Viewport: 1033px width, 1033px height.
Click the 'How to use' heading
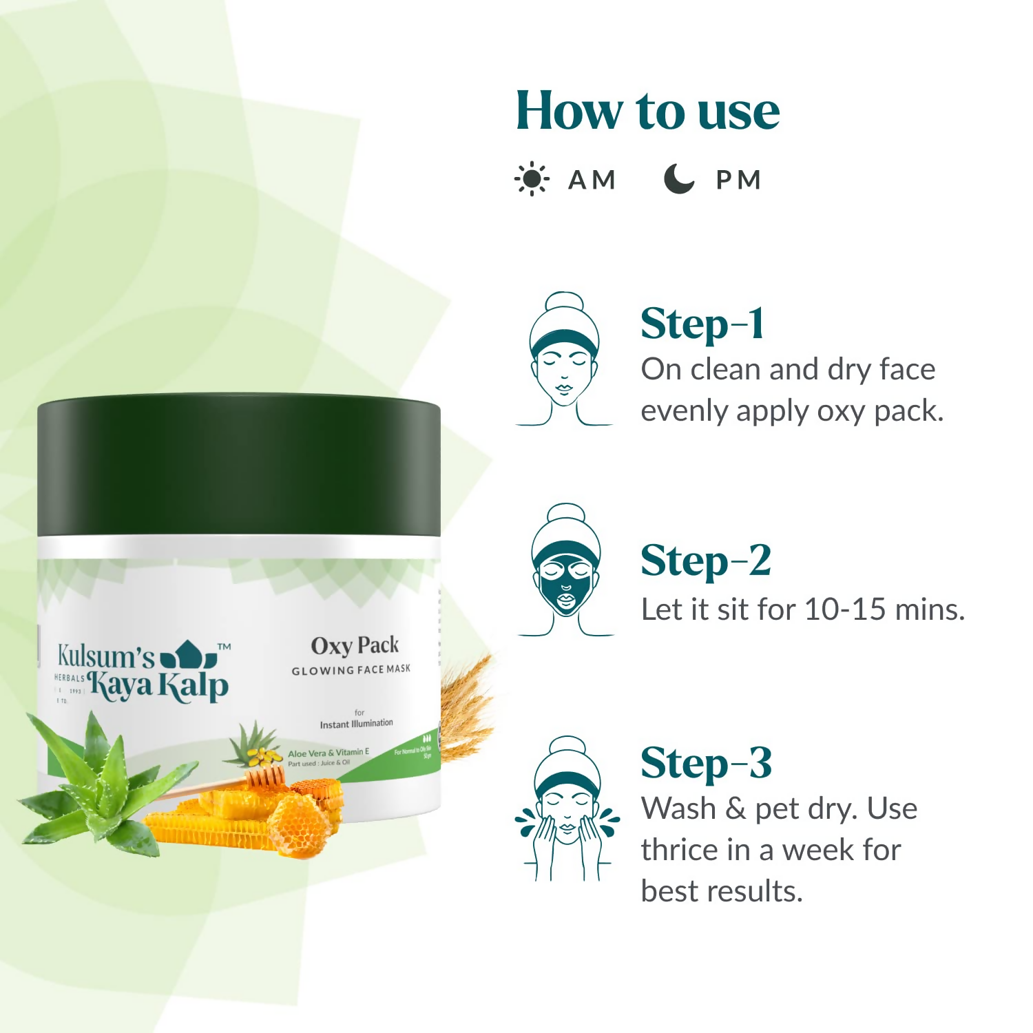(647, 112)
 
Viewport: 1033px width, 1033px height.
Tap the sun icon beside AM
(532, 180)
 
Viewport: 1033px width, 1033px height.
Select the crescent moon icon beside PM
(678, 179)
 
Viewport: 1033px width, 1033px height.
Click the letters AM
(592, 180)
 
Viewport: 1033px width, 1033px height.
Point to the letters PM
(738, 180)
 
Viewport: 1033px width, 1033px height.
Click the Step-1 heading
(702, 324)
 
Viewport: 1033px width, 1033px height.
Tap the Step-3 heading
(706, 764)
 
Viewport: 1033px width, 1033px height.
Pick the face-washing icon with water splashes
(567, 809)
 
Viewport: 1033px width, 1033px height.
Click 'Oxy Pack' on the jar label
(355, 646)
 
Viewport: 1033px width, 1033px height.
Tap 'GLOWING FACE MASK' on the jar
(351, 669)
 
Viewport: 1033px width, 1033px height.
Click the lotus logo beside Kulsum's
(188, 654)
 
